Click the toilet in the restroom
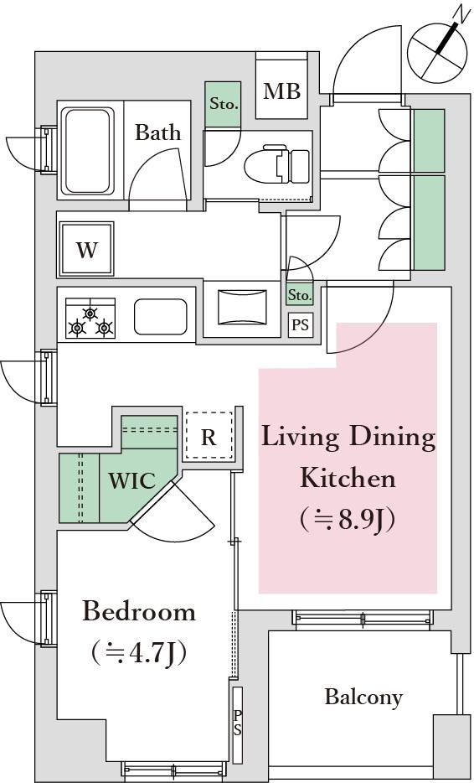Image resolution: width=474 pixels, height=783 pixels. [277, 164]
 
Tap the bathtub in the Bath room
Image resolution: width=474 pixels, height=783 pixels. [87, 151]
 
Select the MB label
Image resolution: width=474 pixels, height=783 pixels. [282, 91]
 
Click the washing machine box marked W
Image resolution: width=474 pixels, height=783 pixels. [87, 249]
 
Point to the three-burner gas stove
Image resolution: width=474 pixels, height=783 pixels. [90, 318]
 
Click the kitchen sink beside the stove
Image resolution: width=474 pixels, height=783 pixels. [160, 317]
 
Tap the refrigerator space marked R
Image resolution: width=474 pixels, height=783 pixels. [209, 436]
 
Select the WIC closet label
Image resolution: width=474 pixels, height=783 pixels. [132, 481]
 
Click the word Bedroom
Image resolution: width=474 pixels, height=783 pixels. [139, 612]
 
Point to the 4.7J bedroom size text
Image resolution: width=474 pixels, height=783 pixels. [139, 652]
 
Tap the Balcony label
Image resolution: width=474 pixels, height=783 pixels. [363, 697]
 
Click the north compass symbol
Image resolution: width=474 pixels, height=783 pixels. [434, 50]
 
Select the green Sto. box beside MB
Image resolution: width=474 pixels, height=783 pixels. [223, 104]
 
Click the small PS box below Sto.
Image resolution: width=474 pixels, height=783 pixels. [300, 325]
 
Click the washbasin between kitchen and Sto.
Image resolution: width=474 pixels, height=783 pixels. [243, 306]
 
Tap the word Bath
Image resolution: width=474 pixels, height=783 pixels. [157, 132]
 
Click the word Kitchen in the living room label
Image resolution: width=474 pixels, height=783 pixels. [348, 479]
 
